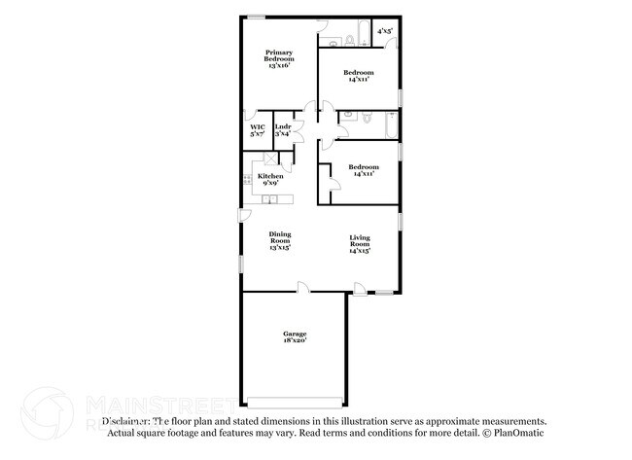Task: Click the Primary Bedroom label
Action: click(280, 56)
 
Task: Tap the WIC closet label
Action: click(258, 130)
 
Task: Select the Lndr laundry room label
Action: click(283, 130)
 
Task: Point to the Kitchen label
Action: click(270, 179)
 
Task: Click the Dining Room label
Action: click(280, 240)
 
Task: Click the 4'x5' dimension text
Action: click(386, 31)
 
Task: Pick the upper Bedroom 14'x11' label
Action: click(359, 76)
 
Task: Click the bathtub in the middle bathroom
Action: click(391, 124)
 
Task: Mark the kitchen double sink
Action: click(271, 200)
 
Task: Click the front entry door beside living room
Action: click(360, 288)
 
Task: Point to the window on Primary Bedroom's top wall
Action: click(257, 16)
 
